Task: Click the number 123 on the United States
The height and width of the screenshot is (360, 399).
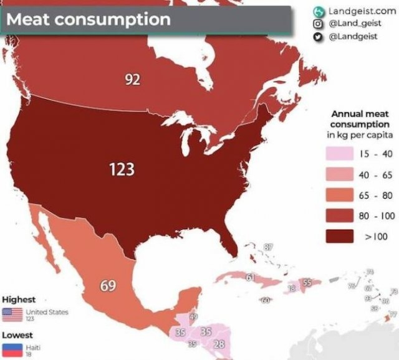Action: [122, 169]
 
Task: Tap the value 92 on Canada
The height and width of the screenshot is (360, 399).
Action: [131, 80]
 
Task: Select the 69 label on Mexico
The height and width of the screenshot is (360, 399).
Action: [108, 286]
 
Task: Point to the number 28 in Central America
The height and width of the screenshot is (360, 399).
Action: [219, 344]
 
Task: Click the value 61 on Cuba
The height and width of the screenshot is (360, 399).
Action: [250, 277]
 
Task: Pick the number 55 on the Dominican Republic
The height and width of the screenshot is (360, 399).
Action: [307, 283]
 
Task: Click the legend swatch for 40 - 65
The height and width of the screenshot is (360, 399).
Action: [340, 175]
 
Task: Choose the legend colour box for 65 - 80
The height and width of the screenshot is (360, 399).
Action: [340, 196]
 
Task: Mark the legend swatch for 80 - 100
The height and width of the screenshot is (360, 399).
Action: [340, 216]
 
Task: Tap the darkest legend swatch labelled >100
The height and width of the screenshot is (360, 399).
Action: [340, 237]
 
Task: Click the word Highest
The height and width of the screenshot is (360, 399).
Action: [19, 300]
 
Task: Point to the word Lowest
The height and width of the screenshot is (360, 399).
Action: [18, 335]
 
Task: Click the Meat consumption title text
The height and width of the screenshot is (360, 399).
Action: [88, 19]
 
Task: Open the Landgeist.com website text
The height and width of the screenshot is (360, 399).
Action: [362, 11]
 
